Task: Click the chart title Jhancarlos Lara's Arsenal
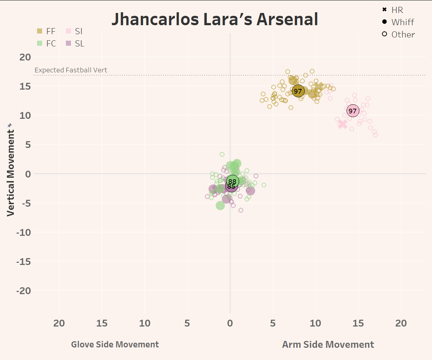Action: [x=215, y=19]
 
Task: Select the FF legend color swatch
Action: [x=40, y=31]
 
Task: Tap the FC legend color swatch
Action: [x=40, y=44]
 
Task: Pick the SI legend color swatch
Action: [x=68, y=31]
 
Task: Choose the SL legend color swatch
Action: [x=68, y=44]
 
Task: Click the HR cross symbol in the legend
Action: [x=384, y=9]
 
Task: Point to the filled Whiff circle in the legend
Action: [x=384, y=22]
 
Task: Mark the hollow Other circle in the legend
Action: [x=384, y=34]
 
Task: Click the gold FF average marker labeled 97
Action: [x=298, y=91]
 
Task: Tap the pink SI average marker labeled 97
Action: [x=353, y=111]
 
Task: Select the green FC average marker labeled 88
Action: [x=233, y=181]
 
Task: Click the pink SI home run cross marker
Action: [x=342, y=124]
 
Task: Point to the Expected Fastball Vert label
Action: [x=71, y=70]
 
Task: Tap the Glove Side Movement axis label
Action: [x=115, y=345]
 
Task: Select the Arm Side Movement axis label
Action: [x=328, y=345]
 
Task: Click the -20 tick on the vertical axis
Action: [x=23, y=291]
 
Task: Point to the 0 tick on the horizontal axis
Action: [x=230, y=323]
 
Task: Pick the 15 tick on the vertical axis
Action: [x=26, y=86]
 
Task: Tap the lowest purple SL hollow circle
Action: [x=241, y=210]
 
